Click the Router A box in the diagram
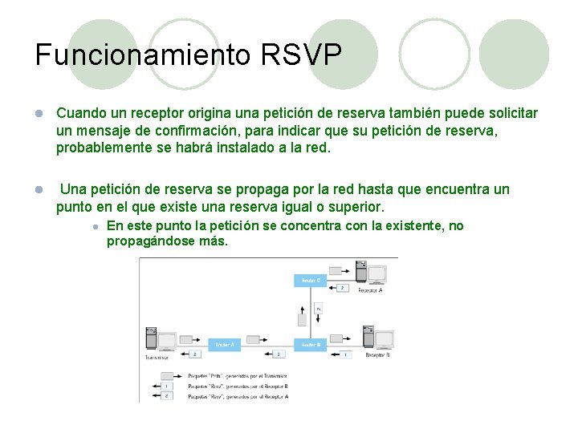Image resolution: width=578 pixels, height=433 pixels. pyautogui.click(x=225, y=345)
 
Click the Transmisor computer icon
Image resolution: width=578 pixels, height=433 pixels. pyautogui.click(x=157, y=341)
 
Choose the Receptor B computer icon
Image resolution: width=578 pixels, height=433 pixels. pyautogui.click(x=377, y=338)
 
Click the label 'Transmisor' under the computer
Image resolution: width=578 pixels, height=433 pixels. pyautogui.click(x=157, y=358)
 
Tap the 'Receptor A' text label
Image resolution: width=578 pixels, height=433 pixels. pyautogui.click(x=370, y=290)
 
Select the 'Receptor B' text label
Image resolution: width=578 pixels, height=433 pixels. pyautogui.click(x=377, y=354)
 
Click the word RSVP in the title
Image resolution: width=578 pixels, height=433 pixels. pyautogui.click(x=302, y=55)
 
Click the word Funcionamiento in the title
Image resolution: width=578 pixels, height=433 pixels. pyautogui.click(x=143, y=55)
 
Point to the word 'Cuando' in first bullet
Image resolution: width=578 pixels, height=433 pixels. pyautogui.click(x=79, y=113)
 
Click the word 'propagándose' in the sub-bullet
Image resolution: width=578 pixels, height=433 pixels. pyautogui.click(x=149, y=241)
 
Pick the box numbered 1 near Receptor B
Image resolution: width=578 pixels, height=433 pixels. pyautogui.click(x=345, y=354)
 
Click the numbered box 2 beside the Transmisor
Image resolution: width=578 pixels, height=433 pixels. pyautogui.click(x=195, y=354)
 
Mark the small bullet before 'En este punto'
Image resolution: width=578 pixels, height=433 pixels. pyautogui.click(x=95, y=227)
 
